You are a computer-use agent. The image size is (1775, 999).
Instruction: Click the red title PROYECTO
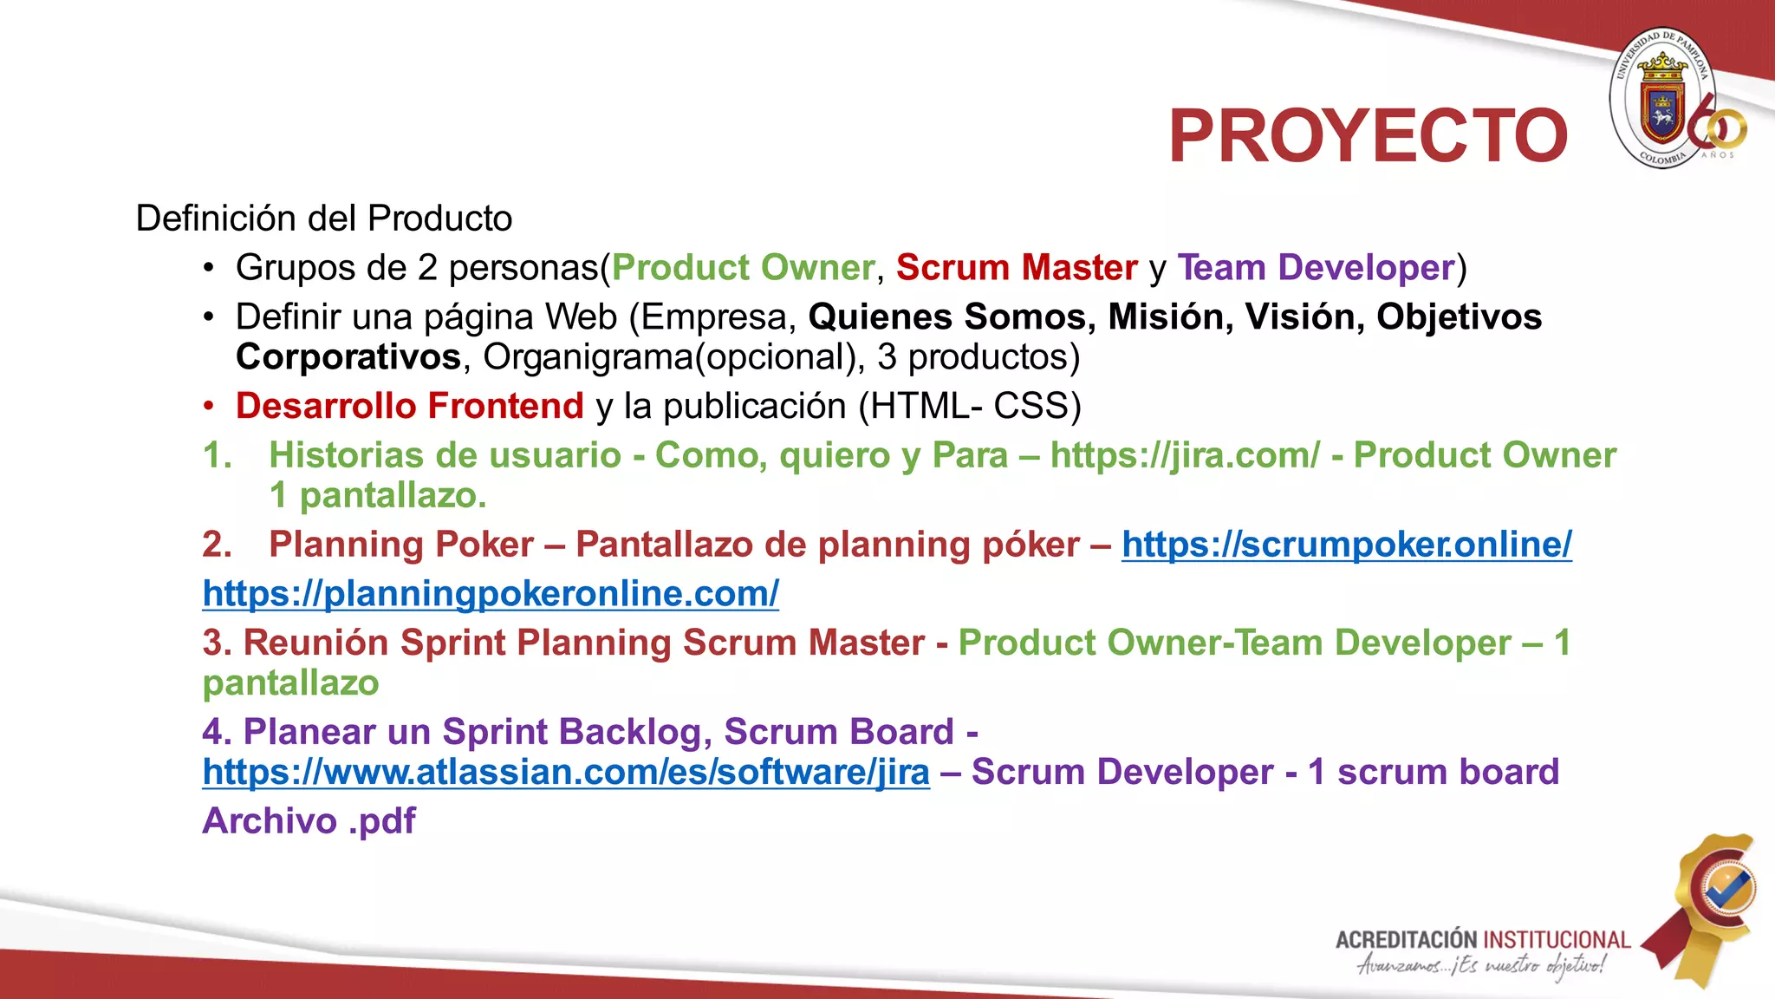coord(1368,136)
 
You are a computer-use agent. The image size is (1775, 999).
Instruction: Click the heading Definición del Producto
coord(324,219)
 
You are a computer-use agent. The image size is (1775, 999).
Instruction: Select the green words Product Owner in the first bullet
coord(743,268)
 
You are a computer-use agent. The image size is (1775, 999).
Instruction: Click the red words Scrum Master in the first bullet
coord(1017,268)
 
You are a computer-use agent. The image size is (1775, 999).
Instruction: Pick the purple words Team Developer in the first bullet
coord(1316,268)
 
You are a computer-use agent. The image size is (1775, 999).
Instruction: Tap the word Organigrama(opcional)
coord(673,357)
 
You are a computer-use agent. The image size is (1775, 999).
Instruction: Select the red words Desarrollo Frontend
coord(410,407)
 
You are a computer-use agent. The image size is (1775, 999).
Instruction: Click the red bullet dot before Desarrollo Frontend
coord(208,407)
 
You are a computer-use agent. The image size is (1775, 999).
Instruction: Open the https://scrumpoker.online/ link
coord(1346,545)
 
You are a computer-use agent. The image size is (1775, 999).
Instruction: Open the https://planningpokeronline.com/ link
coord(491,594)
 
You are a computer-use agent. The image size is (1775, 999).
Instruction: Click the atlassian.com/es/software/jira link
coord(566,773)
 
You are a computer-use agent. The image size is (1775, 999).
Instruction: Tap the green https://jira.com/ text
coord(1185,456)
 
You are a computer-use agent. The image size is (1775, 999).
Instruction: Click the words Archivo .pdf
coord(309,821)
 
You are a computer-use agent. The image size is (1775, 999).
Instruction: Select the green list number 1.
coord(217,456)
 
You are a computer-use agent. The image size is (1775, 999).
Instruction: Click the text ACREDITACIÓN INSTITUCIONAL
coord(1482,940)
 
